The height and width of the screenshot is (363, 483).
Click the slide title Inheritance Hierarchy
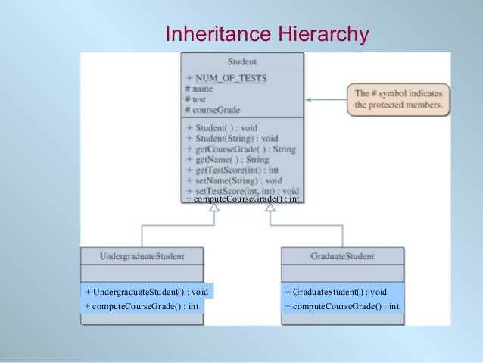[266, 34]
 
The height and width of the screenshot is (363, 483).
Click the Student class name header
[241, 61]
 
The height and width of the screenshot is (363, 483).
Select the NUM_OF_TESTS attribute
[230, 78]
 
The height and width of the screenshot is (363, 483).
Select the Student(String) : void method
[232, 139]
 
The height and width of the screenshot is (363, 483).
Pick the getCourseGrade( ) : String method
[241, 149]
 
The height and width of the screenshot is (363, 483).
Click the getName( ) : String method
[227, 160]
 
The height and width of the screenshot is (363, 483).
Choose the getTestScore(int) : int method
[237, 171]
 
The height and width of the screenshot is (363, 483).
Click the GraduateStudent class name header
[342, 256]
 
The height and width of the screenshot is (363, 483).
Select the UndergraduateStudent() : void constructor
[147, 292]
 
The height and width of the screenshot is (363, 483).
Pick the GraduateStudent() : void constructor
[337, 292]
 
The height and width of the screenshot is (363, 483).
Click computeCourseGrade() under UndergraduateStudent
[142, 306]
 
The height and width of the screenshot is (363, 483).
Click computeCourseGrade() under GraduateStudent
[343, 306]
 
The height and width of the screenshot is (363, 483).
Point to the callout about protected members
[399, 99]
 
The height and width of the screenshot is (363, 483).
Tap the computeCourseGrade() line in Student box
[242, 199]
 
